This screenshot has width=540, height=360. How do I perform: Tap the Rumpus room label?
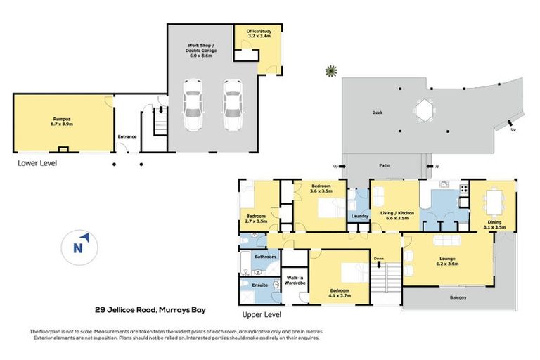click(x=63, y=120)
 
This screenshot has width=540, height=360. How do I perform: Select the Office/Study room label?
click(x=258, y=34)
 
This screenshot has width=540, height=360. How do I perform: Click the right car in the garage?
click(x=232, y=105)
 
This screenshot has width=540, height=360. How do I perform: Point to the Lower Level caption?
click(x=38, y=163)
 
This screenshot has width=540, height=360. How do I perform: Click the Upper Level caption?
click(x=262, y=314)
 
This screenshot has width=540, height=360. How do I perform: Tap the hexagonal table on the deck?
click(x=423, y=110)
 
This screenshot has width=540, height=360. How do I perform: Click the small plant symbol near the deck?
click(x=329, y=70)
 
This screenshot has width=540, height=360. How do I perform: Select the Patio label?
click(x=385, y=166)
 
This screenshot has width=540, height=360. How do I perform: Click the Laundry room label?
click(x=361, y=216)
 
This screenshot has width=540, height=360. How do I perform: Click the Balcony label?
click(x=458, y=297)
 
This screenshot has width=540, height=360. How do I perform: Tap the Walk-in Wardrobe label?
click(x=295, y=281)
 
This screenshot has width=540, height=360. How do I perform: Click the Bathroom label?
click(x=265, y=257)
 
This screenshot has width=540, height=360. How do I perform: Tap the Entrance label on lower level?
click(x=127, y=136)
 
